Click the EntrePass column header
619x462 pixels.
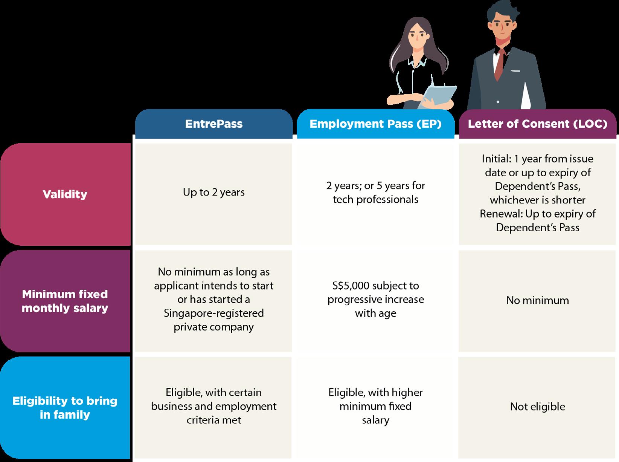[x=213, y=124]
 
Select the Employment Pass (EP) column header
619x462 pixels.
[x=375, y=124]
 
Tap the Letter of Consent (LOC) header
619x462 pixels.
[x=537, y=124]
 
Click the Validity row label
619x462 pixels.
[x=65, y=194]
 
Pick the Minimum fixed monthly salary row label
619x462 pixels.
[x=65, y=301]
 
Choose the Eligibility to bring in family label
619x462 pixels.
[x=65, y=408]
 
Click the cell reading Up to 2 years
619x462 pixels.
[x=213, y=192]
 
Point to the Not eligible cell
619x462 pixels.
[x=537, y=407]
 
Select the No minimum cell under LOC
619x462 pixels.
[x=537, y=300]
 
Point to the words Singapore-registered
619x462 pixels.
[x=213, y=313]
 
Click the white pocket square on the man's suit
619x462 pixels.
[x=515, y=70]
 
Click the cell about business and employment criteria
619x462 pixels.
[x=213, y=406]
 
